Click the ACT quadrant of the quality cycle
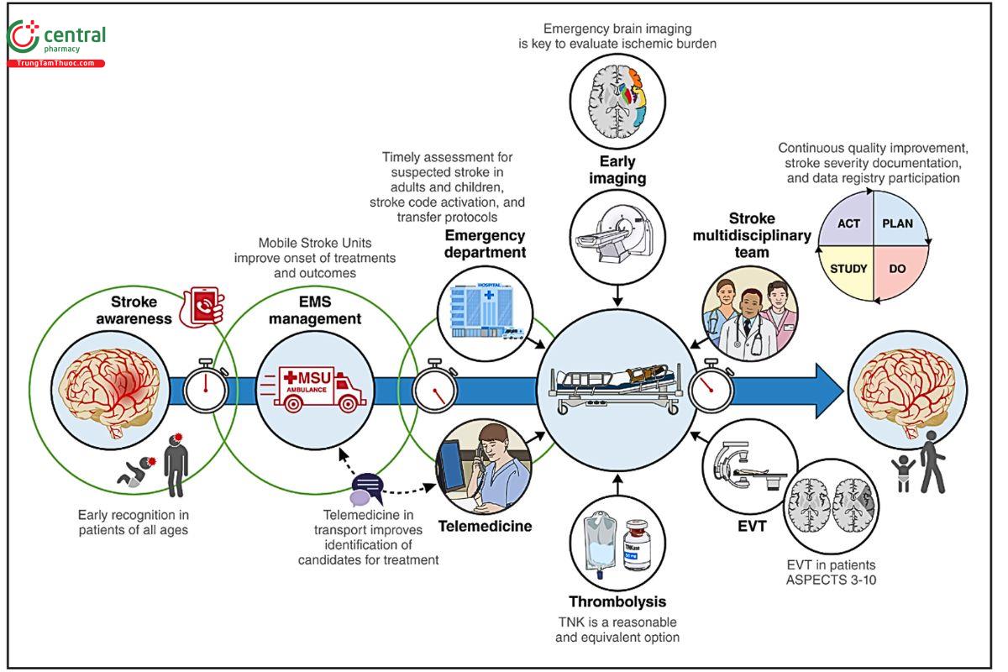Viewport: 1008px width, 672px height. [x=847, y=224]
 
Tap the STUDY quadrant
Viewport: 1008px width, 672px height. [x=846, y=270]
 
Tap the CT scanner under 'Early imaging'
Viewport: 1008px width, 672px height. [x=617, y=231]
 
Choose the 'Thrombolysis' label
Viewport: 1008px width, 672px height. [x=617, y=601]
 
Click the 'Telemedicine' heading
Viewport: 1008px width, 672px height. [x=486, y=527]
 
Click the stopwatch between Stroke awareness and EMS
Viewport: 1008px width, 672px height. [x=206, y=387]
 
